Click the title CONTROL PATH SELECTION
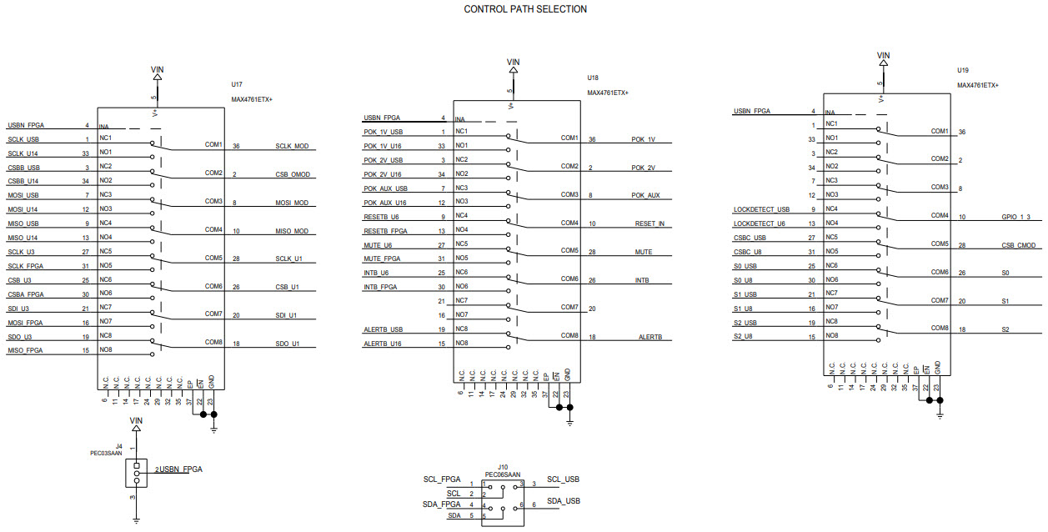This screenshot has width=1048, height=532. pyautogui.click(x=524, y=9)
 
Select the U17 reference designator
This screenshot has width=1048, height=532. pyautogui.click(x=237, y=85)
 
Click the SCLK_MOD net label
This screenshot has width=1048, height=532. pyautogui.click(x=292, y=146)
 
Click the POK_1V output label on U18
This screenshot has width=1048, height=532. pyautogui.click(x=643, y=139)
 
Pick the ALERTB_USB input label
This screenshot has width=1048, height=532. pyautogui.click(x=383, y=329)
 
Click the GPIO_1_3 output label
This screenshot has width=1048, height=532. pyautogui.click(x=1016, y=216)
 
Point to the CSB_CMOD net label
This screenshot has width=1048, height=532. pyautogui.click(x=1019, y=245)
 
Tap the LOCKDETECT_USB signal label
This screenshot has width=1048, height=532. pyautogui.click(x=761, y=209)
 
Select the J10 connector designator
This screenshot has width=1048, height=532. pyautogui.click(x=503, y=467)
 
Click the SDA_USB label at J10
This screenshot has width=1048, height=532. pyautogui.click(x=564, y=500)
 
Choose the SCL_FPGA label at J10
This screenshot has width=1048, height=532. pyautogui.click(x=442, y=479)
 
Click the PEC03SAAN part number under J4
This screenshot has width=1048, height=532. pyautogui.click(x=107, y=454)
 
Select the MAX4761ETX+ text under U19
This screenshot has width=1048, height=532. pyautogui.click(x=978, y=85)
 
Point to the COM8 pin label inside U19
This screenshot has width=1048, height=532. pyautogui.click(x=940, y=328)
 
